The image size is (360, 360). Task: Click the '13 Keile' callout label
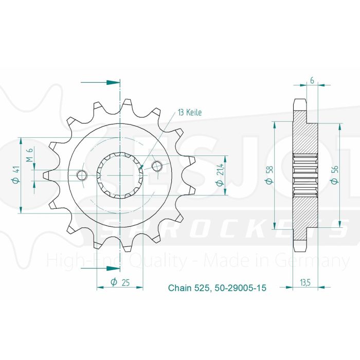190,113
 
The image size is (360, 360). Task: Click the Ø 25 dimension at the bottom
120,281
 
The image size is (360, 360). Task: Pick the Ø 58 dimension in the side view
267,175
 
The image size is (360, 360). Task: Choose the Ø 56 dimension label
334,175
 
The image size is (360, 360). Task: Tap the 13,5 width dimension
306,281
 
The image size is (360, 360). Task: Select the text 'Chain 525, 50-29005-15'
217,289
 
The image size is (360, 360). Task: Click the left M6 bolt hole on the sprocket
81,175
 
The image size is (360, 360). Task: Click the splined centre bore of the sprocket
120,175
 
